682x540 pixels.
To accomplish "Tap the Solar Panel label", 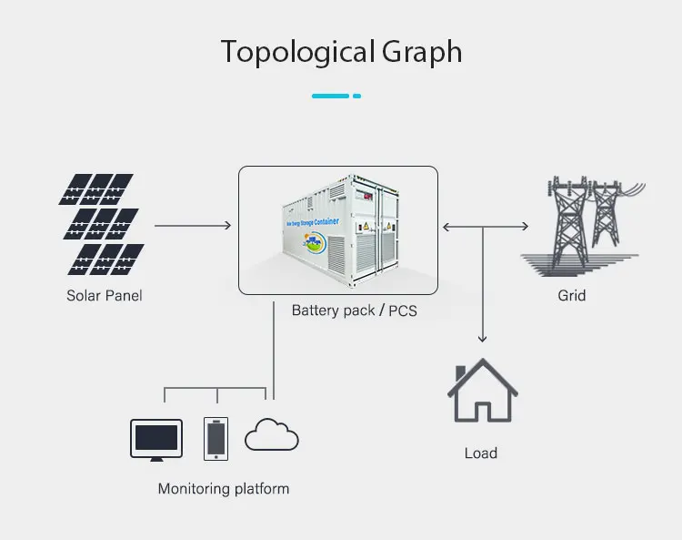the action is pos(104,296).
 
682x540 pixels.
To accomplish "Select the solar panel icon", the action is pos(99,224).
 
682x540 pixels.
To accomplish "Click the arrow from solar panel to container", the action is pos(192,224).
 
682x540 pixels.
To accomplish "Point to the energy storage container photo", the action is pos(338,229).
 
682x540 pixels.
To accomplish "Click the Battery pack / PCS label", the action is pos(354,311).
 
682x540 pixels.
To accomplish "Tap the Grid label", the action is pos(571,296).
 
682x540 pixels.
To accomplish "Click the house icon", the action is pos(482,392).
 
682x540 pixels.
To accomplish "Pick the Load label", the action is pos(481,453).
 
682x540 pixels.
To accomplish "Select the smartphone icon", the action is pos(215,438).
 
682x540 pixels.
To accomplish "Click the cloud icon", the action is pos(272,435).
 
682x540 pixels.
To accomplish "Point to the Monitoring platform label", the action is pos(223,489).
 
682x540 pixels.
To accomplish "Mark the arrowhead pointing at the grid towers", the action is pos(525,225).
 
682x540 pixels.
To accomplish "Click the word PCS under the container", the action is pos(403,311).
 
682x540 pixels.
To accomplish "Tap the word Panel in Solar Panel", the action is pos(124,296).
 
